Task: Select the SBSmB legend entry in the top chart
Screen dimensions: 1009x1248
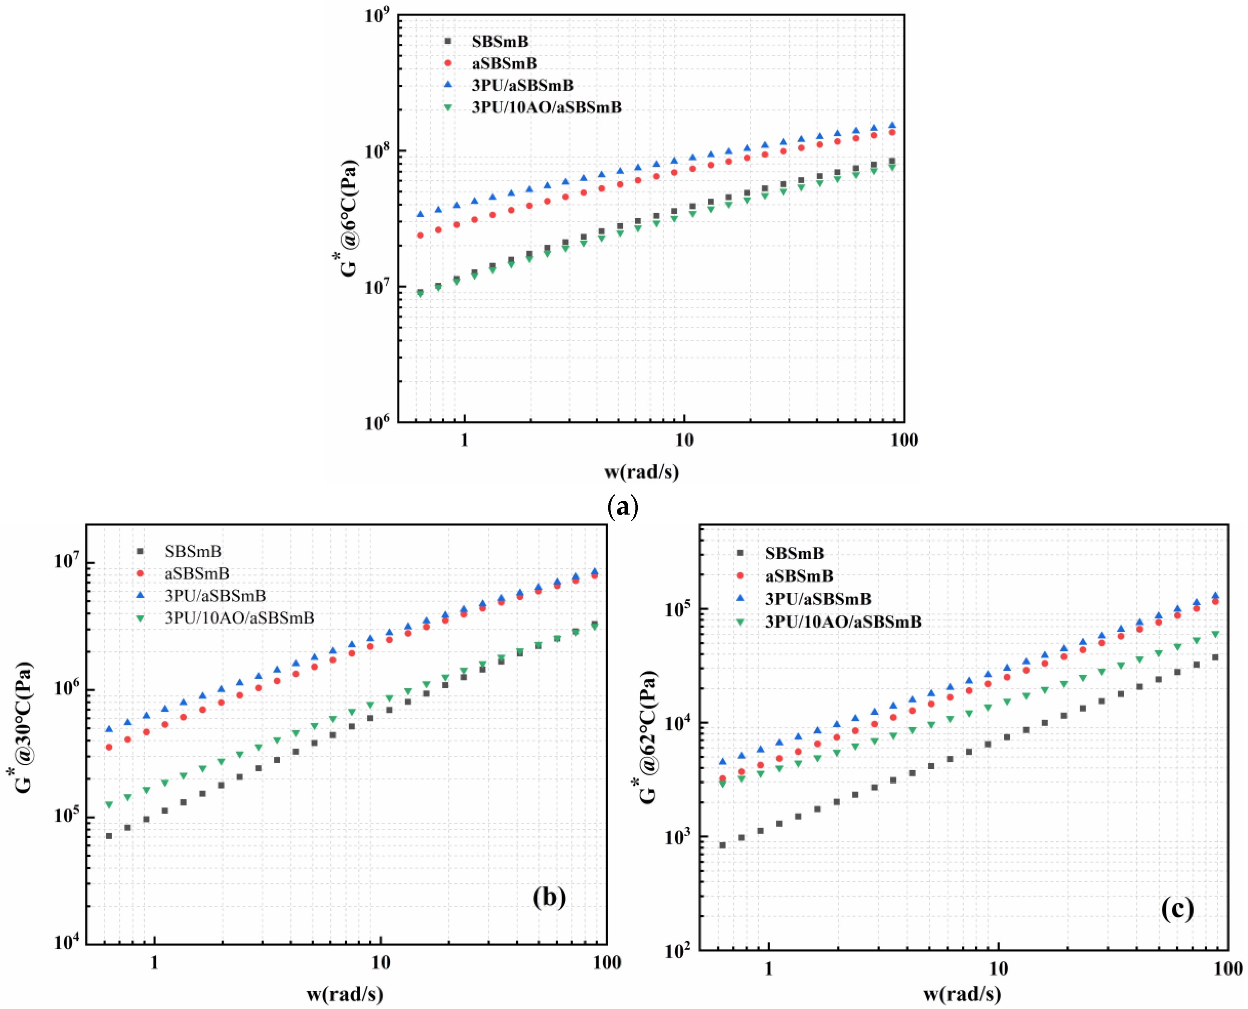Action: [499, 41]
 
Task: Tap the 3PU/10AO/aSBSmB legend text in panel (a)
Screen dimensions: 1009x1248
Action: [546, 108]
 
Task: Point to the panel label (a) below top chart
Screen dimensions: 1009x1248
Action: [622, 507]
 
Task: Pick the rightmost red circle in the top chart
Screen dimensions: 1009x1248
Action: [892, 132]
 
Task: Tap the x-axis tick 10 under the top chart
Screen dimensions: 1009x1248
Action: [684, 440]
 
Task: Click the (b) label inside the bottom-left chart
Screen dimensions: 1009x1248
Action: [549, 897]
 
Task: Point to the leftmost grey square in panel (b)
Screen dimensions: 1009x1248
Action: [109, 836]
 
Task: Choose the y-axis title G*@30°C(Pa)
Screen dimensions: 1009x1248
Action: [24, 728]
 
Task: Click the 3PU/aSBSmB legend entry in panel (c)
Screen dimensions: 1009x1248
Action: [818, 599]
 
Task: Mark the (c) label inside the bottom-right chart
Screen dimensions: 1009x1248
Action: [1177, 908]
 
